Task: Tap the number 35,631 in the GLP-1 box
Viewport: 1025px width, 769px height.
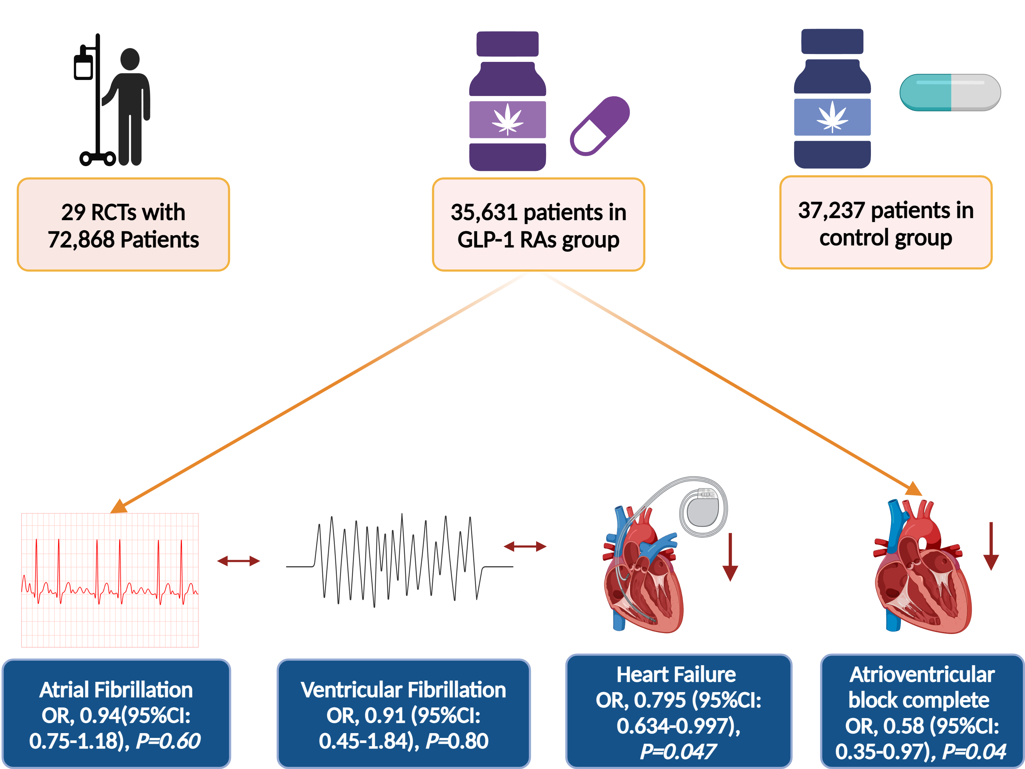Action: click(x=483, y=213)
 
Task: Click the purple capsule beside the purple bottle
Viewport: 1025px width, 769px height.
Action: click(x=600, y=126)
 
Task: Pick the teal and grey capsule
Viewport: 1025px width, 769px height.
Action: click(x=950, y=92)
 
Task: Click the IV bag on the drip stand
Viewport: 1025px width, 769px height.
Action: click(x=83, y=67)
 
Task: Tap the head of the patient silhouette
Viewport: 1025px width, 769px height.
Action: click(x=130, y=59)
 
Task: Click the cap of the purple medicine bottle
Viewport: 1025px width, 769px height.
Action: click(x=507, y=44)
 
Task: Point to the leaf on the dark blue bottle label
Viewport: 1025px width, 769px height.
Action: click(x=832, y=117)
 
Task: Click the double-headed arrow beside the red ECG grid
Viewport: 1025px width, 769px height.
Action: click(x=238, y=561)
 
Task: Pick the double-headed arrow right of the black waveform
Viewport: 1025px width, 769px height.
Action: click(x=525, y=547)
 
